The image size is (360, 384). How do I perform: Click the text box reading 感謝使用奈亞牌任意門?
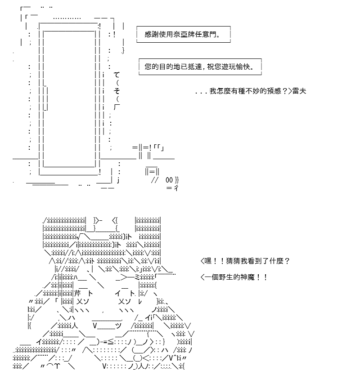[x=183, y=34]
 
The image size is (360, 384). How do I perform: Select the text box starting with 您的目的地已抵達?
[x=200, y=67]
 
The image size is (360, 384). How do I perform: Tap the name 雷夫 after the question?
[x=299, y=91]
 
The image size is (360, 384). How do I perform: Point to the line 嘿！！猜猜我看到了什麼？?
[x=245, y=261]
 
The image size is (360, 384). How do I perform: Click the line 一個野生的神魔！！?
[x=234, y=277]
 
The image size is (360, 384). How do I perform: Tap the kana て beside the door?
[x=117, y=75]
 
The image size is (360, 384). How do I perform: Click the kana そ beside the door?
[x=117, y=91]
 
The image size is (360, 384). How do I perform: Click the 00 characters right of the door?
[x=169, y=180]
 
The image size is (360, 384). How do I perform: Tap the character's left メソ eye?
[x=83, y=301]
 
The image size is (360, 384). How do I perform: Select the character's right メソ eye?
[x=124, y=301]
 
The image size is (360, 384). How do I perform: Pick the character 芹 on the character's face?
[x=77, y=293]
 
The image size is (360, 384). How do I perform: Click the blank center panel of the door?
[x=70, y=98]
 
